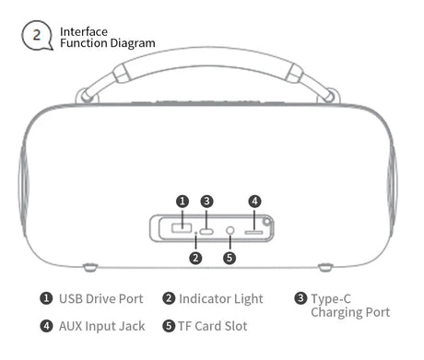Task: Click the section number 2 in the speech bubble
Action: [37, 35]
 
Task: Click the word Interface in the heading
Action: [84, 32]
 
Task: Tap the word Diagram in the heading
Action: [132, 43]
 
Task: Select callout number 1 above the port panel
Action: [183, 202]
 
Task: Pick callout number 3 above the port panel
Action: [206, 202]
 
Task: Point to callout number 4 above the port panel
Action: [254, 202]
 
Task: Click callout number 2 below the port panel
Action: [195, 258]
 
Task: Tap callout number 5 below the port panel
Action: [230, 258]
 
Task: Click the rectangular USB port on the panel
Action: [182, 228]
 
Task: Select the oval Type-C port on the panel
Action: [206, 231]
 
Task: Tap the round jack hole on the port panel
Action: [230, 230]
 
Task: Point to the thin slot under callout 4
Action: [253, 232]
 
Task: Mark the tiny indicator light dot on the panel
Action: [196, 234]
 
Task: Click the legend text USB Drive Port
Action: [101, 299]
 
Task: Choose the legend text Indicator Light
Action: [221, 299]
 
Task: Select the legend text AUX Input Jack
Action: [101, 326]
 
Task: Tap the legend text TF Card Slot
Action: [213, 326]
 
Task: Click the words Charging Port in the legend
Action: [350, 312]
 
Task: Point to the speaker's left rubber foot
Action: [90, 267]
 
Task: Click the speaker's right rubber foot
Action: [325, 267]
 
